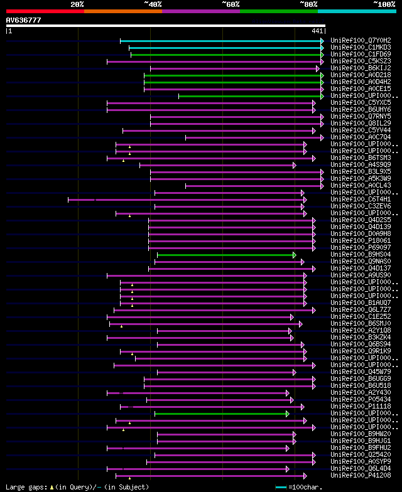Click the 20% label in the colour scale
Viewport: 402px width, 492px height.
(77, 4)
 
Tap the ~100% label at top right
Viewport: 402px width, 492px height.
(384, 4)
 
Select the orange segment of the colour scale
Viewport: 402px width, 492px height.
(122, 11)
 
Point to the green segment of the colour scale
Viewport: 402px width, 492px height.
(278, 11)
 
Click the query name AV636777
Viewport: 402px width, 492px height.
(23, 20)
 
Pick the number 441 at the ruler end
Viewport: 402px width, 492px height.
(317, 31)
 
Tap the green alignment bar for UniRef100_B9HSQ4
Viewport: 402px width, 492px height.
(226, 255)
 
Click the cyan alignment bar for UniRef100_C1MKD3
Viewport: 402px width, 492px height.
(226, 47)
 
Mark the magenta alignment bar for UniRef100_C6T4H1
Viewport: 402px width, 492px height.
(188, 200)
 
